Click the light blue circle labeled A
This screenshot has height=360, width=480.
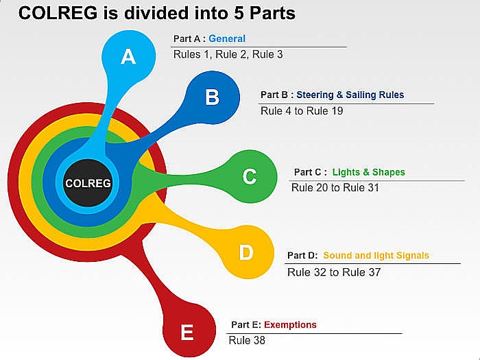(x=128, y=56)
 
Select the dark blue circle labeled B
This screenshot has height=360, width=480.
(x=212, y=97)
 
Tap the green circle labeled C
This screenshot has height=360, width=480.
(x=249, y=177)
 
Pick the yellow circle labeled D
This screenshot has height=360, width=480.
(x=246, y=253)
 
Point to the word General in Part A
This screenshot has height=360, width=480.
(x=227, y=39)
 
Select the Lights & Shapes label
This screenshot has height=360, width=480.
(x=368, y=172)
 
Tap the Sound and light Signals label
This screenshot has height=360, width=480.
(x=376, y=256)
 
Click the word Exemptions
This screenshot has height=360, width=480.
(x=290, y=325)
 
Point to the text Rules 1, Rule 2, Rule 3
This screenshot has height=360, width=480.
(x=228, y=54)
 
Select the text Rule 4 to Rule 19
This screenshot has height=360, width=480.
(x=302, y=110)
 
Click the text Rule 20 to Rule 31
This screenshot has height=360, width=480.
(x=335, y=187)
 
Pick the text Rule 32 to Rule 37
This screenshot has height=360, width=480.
(x=334, y=272)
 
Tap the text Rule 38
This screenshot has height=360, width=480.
(x=246, y=340)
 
